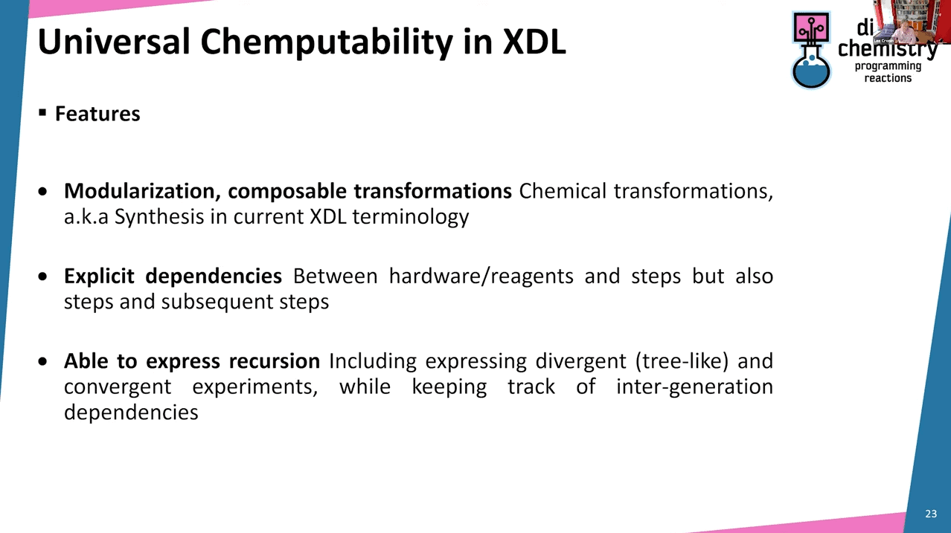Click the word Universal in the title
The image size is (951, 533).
114,42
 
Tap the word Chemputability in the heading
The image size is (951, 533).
327,43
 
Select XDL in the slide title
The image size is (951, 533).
534,42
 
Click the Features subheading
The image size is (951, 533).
97,114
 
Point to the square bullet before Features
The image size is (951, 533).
42,112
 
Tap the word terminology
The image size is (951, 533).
411,217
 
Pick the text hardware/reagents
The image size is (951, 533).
481,277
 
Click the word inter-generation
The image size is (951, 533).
694,387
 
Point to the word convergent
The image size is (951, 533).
118,387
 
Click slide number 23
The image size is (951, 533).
931,514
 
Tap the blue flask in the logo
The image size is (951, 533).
811,70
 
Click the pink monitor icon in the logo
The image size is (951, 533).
811,28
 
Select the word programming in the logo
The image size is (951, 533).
888,67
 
